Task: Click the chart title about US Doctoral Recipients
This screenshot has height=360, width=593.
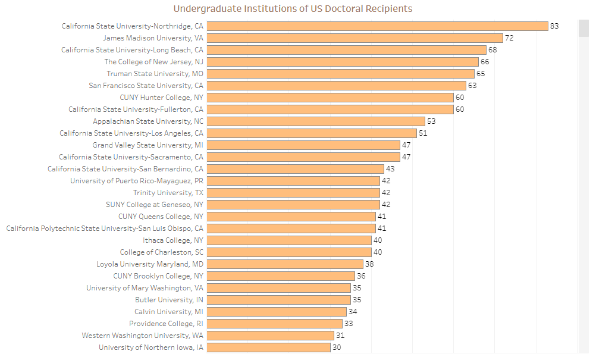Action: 293,9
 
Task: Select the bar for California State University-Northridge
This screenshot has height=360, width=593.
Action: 377,26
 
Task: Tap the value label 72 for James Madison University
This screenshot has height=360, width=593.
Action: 509,38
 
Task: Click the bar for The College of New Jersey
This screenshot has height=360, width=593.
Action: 343,62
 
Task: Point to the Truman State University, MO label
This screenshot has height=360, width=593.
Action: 155,74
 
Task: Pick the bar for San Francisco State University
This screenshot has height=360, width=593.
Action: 336,86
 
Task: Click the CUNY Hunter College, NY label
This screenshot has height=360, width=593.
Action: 161,98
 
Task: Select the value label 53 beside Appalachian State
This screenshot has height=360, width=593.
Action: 431,121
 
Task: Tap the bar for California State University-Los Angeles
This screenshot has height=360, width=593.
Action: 312,133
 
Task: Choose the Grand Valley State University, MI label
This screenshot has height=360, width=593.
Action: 148,145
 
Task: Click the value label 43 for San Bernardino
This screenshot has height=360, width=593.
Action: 390,169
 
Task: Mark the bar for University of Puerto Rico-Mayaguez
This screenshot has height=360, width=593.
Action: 293,181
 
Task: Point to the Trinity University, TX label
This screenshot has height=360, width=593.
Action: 168,193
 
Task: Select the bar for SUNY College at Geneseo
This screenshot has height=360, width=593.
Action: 293,205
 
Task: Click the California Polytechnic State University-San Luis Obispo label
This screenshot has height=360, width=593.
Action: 105,228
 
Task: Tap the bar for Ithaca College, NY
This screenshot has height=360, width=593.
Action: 289,240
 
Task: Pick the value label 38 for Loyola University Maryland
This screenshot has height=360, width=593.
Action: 369,264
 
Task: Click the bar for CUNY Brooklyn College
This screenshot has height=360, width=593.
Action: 281,276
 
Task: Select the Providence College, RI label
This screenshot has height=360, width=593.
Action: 166,324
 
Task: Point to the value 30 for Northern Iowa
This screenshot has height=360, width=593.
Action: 337,348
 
